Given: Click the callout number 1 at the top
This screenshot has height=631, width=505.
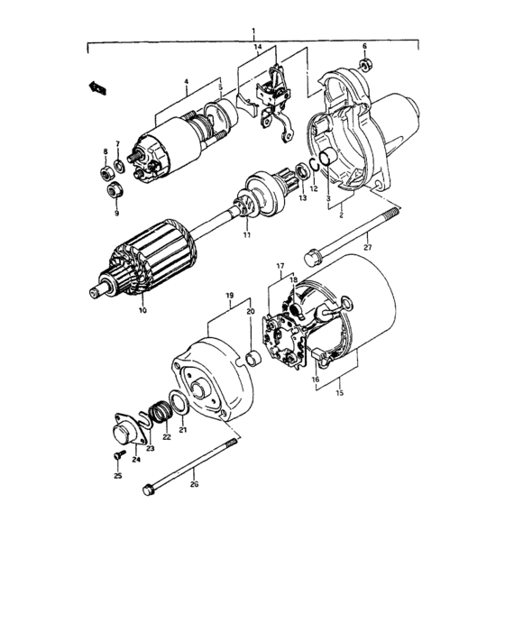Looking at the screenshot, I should click(x=253, y=32).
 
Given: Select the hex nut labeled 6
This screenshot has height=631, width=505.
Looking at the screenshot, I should click(x=365, y=65).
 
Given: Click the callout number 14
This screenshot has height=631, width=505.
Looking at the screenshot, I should click(x=256, y=45).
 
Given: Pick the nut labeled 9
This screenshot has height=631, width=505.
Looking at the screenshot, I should click(x=115, y=190).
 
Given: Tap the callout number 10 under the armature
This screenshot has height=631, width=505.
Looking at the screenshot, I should click(x=141, y=311).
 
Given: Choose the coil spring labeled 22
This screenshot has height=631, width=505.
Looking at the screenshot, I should click(x=160, y=414).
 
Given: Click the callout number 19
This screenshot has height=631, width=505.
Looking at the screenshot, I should click(x=229, y=295).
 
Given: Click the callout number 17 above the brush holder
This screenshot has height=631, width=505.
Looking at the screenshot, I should click(x=280, y=266).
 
